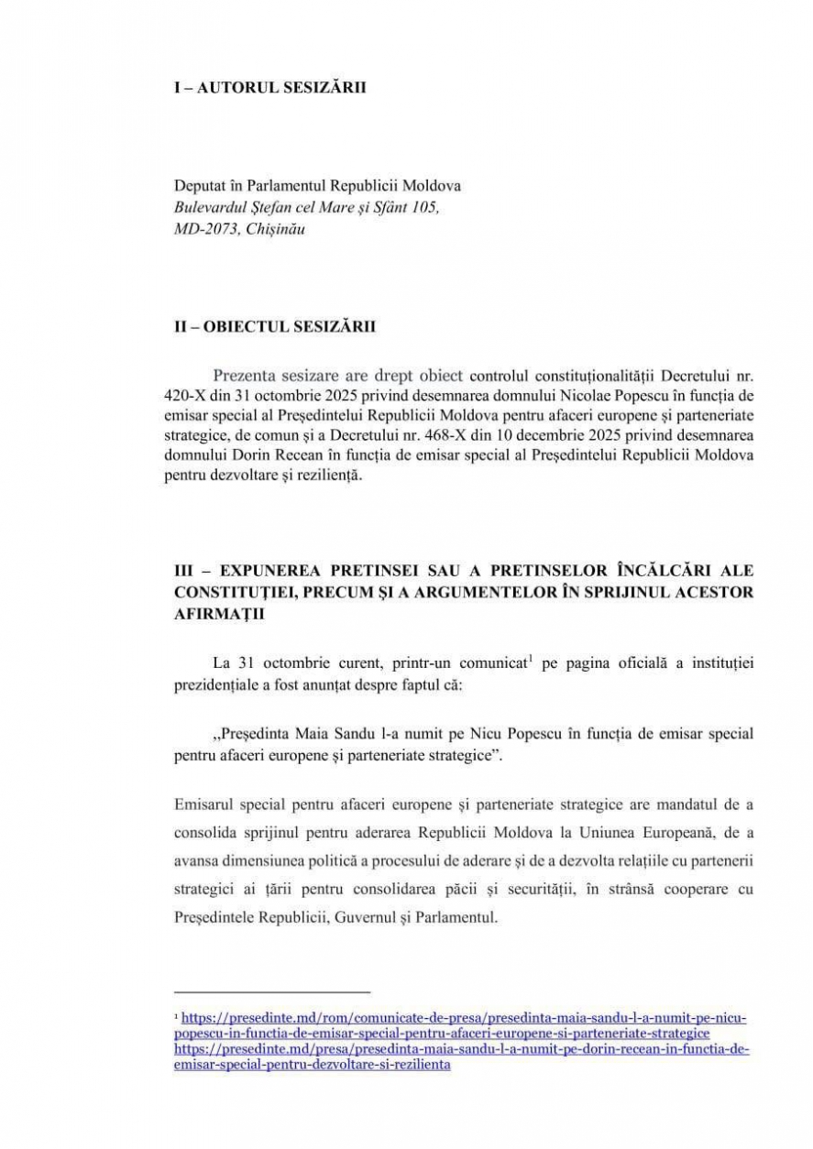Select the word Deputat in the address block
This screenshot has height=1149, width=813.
coord(199,185)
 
